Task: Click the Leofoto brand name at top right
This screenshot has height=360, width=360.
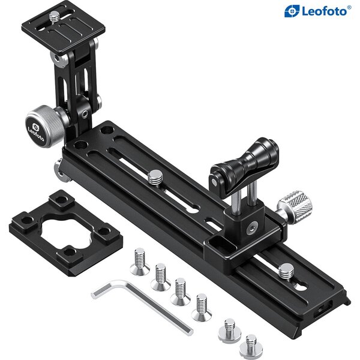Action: [323, 10]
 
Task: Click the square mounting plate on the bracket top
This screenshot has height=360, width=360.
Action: [64, 27]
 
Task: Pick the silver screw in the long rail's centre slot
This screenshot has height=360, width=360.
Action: [155, 177]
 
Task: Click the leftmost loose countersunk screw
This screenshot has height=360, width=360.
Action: [139, 261]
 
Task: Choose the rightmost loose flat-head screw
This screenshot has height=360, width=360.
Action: [250, 346]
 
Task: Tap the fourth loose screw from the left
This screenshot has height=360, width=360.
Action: [200, 306]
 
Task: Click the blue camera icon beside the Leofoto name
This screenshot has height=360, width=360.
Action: [292, 10]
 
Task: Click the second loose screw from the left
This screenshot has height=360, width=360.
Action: [160, 277]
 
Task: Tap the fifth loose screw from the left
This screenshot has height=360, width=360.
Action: [229, 331]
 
